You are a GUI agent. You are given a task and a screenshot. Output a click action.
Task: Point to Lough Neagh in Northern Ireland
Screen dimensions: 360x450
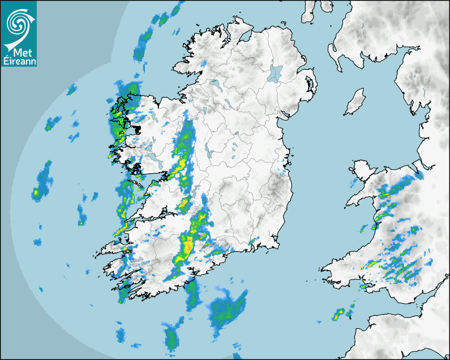coord(275,73)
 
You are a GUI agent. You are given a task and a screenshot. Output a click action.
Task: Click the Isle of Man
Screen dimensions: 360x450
coord(355,102)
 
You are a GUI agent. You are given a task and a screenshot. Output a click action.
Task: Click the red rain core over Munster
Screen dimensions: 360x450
coord(188,245)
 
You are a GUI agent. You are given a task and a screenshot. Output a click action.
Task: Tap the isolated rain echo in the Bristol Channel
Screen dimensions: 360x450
coord(339,315)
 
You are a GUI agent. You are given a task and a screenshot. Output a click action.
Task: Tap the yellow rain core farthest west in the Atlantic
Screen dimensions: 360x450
coord(36,193)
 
